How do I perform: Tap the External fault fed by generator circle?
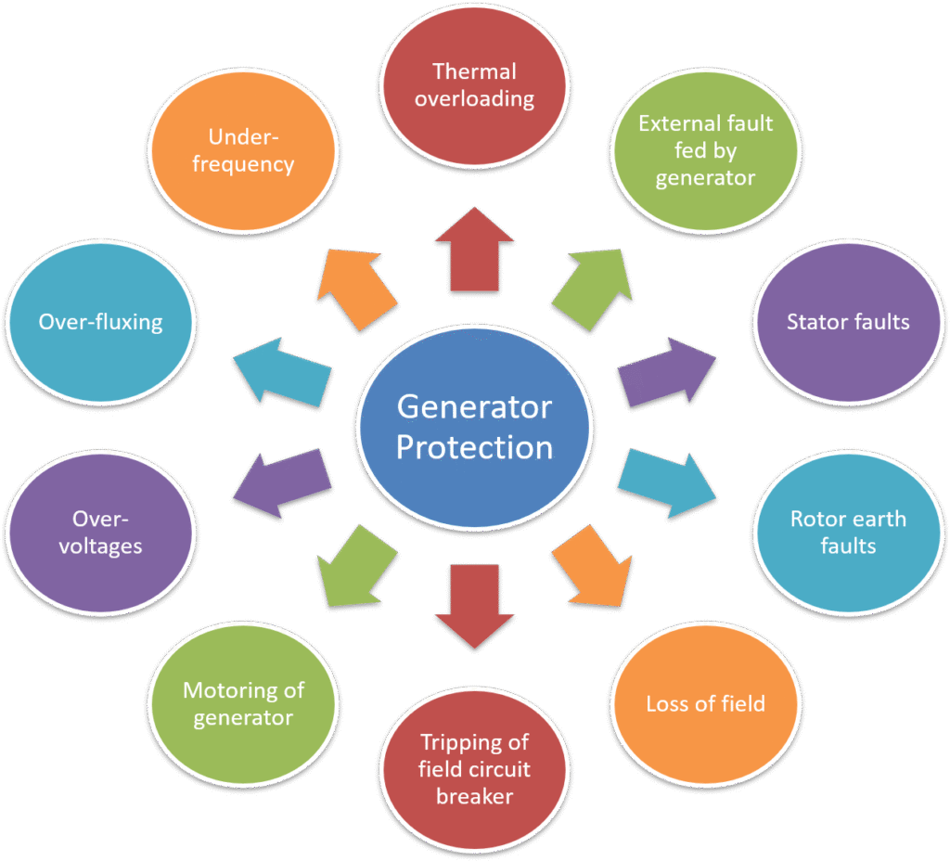point(705,150)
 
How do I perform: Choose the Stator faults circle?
point(848,323)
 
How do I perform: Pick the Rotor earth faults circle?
point(848,532)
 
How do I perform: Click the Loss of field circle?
point(705,703)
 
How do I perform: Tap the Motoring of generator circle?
point(243,704)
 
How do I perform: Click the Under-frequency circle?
point(243,150)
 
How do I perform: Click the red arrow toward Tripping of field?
point(474,603)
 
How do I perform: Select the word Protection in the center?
point(474,447)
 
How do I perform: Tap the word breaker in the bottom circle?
point(474,795)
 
